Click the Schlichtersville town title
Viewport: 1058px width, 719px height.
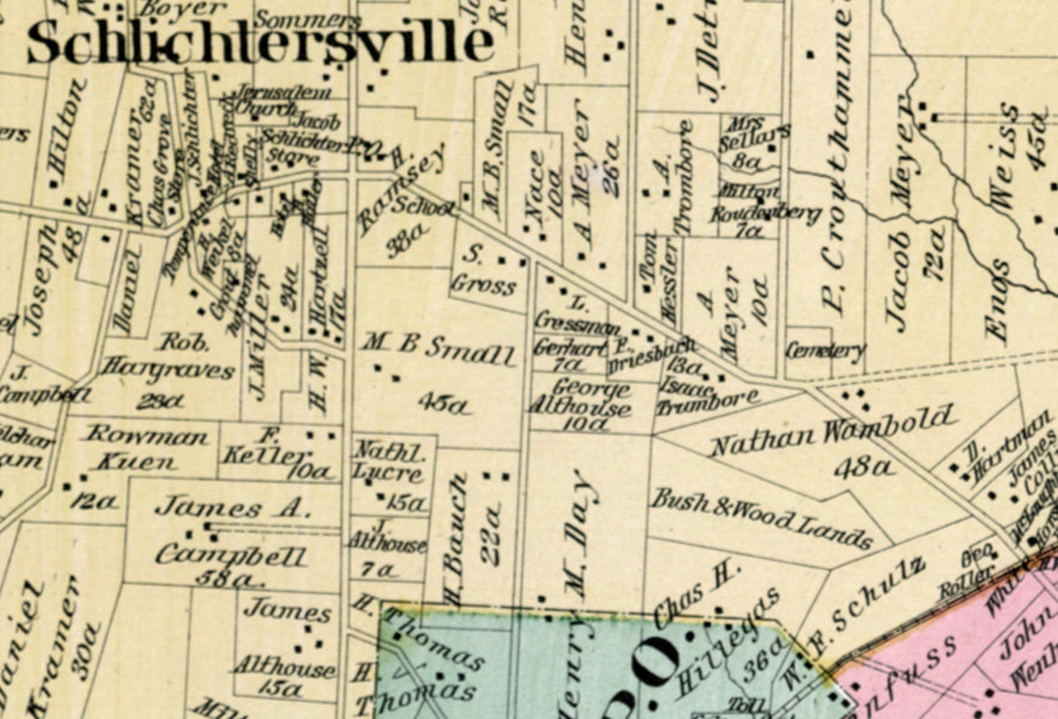tap(260, 43)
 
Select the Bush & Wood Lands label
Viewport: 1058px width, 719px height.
tap(761, 518)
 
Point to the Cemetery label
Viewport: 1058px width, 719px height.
tap(825, 351)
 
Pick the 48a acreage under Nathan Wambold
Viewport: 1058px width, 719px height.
tap(864, 468)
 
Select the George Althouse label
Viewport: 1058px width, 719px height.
tap(579, 398)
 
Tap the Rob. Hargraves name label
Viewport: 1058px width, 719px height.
tap(168, 356)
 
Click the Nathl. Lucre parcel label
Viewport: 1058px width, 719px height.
tap(388, 463)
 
